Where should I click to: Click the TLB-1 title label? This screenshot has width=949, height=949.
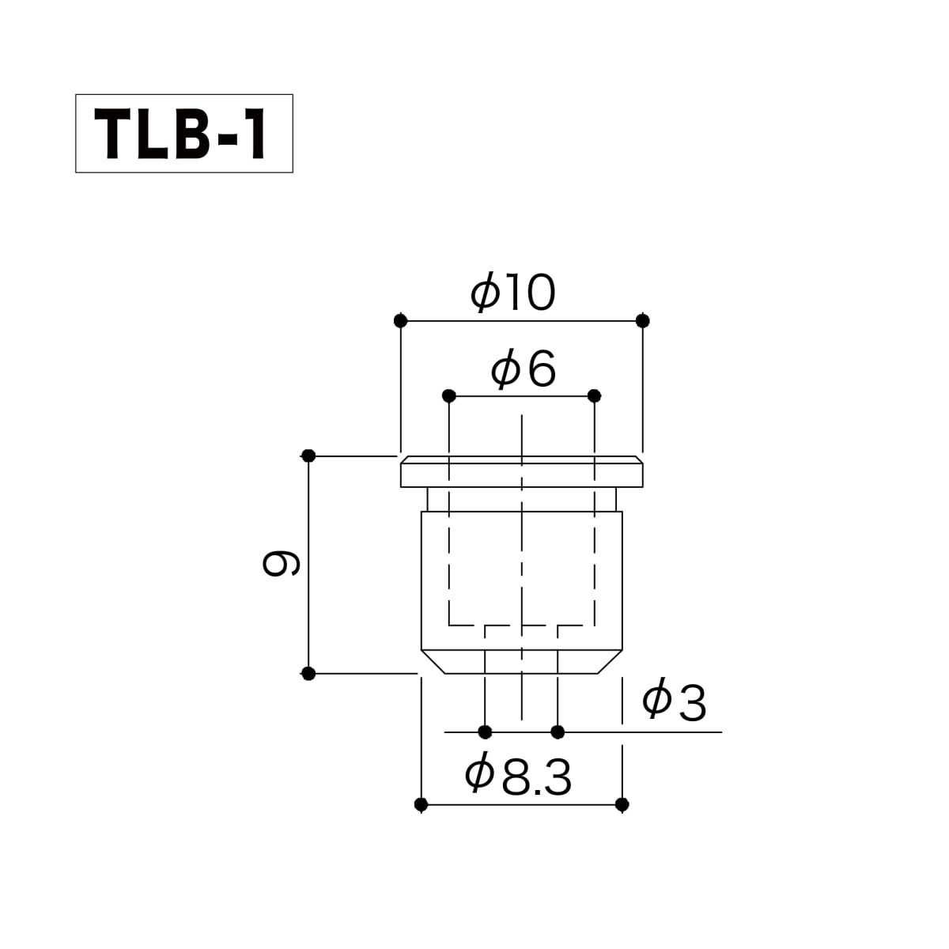point(180,134)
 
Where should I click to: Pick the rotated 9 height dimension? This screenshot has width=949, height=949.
point(281,563)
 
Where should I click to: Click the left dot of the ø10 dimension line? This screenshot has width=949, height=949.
point(401,321)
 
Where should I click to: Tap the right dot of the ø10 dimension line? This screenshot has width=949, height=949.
point(643,321)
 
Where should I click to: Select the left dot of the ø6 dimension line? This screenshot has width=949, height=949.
point(449,395)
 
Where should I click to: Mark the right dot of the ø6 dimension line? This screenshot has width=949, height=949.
point(595,395)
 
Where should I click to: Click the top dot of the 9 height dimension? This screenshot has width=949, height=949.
point(308,456)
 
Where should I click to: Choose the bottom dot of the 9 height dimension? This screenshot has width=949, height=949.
point(308,673)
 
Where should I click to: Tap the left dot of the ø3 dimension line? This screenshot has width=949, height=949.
point(485,732)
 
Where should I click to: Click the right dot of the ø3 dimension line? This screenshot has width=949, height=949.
point(558,732)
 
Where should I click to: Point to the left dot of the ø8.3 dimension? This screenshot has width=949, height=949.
point(421,805)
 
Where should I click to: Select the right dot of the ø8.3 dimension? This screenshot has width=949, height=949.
point(622,805)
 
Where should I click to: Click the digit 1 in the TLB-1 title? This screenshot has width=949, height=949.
point(255,134)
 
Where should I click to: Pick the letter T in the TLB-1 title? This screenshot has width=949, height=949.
point(112,134)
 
